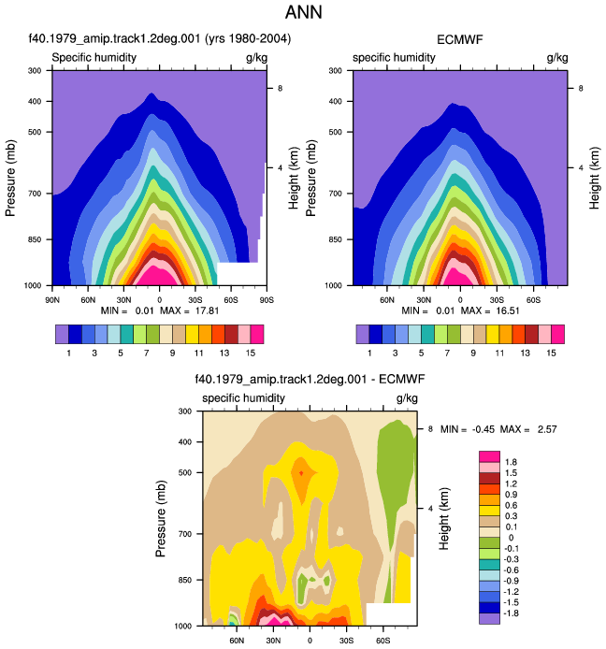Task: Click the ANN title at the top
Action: point(303,12)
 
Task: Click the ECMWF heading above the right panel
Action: point(460,39)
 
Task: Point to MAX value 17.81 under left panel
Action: point(207,310)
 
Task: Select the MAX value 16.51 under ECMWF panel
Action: point(508,310)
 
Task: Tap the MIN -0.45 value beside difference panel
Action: point(483,429)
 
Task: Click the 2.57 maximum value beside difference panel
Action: point(547,429)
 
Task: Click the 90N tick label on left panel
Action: point(52,300)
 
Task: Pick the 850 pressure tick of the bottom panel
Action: point(184,580)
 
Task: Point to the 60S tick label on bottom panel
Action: point(382,641)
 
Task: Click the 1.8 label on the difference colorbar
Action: point(512,462)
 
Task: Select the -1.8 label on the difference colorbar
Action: point(512,613)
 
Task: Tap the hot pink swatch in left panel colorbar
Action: point(257,335)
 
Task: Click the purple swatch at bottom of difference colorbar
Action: point(489,618)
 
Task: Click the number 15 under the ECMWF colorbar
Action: point(551,353)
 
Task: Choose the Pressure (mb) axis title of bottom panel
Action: point(161,518)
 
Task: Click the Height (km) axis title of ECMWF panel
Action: point(594,178)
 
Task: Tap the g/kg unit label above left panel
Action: point(256,58)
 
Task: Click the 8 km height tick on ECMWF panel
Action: point(581,88)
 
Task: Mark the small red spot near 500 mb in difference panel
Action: point(301,472)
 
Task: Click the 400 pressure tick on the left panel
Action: point(35,101)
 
